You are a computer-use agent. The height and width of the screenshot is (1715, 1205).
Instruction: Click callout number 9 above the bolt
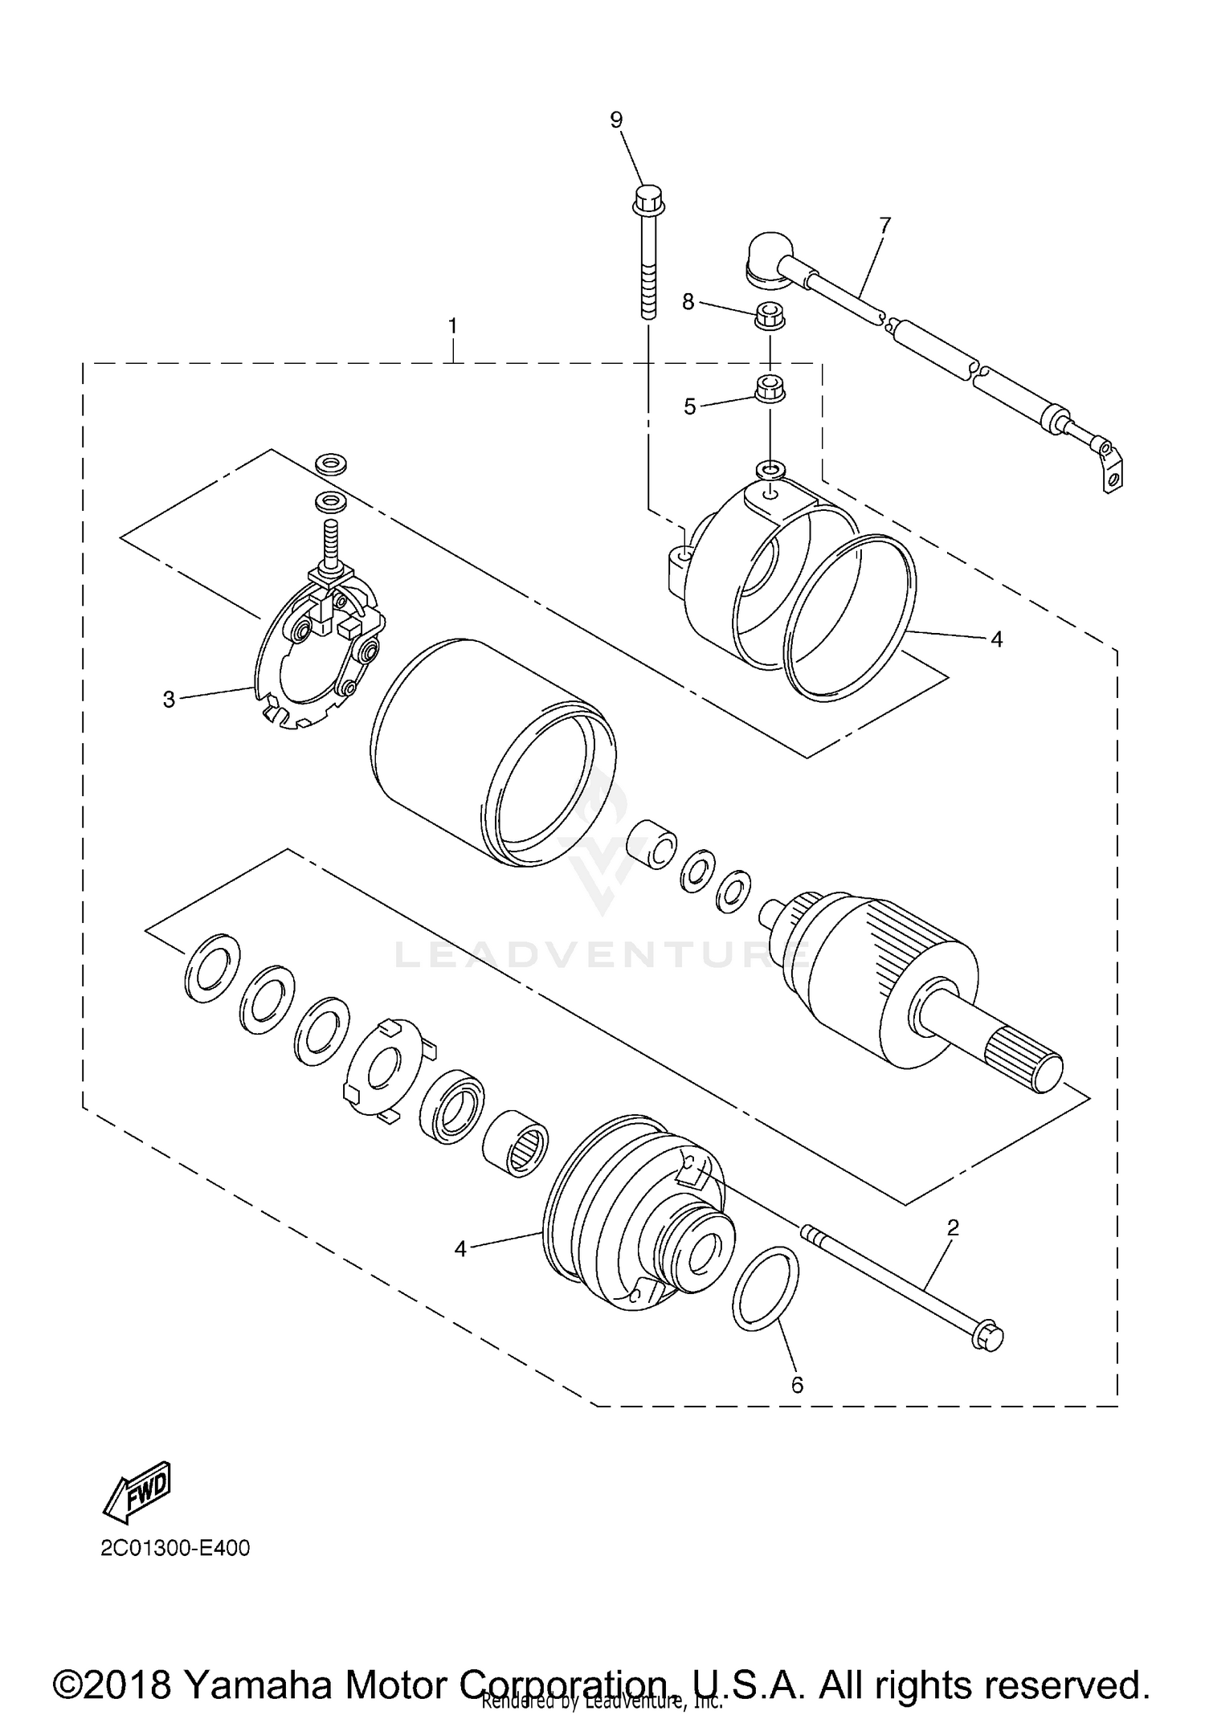click(x=616, y=120)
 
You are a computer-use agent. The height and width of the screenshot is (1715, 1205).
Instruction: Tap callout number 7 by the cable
click(x=884, y=226)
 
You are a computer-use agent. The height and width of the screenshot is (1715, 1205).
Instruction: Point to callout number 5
click(x=690, y=406)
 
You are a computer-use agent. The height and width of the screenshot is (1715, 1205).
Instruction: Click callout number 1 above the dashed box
click(x=453, y=327)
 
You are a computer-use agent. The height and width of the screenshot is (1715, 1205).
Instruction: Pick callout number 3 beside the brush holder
click(x=169, y=700)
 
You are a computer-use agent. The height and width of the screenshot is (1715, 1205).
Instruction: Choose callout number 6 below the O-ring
click(x=797, y=1385)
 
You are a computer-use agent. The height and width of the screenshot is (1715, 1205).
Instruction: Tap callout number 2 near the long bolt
click(x=954, y=1227)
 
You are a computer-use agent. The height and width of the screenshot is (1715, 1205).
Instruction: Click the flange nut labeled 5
click(x=770, y=387)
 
